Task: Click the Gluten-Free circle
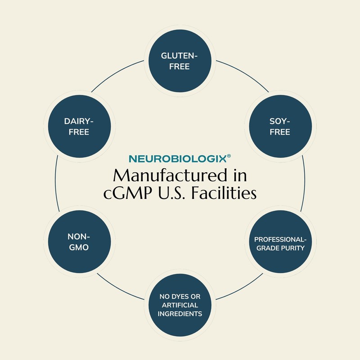180,61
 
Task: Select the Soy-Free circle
280,126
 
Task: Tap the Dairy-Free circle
80,126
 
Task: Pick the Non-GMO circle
80,242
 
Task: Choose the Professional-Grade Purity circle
280,242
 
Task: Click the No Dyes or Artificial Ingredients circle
180,305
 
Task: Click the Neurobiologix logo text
178,159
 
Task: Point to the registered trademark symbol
229,156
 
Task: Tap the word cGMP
127,193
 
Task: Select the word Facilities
224,193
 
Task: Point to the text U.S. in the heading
171,193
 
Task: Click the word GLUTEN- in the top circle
179,56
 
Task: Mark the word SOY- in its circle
279,121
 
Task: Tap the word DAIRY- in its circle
79,121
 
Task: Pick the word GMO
79,247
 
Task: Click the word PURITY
293,248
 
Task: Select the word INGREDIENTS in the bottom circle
180,314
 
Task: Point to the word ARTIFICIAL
180,305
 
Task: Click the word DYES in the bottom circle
180,297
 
